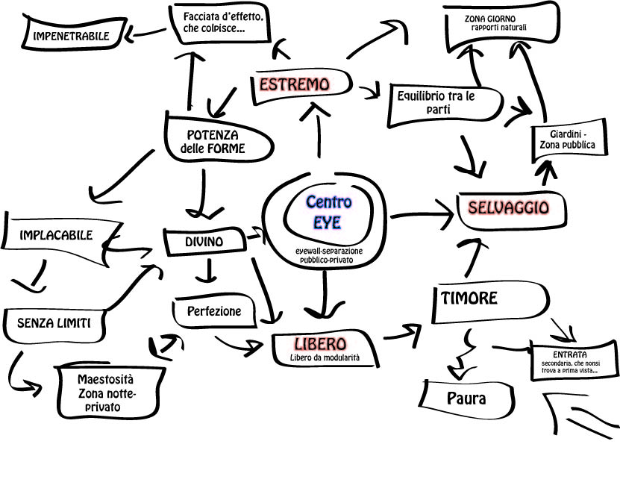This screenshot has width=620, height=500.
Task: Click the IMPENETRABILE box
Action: (70, 36)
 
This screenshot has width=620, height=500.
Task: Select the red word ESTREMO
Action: (294, 84)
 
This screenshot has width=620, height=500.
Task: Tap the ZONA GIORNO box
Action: (499, 24)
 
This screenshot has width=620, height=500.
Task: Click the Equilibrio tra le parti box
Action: (436, 103)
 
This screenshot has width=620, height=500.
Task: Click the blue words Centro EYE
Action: (328, 212)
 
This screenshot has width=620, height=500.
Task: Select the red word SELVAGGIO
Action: (509, 207)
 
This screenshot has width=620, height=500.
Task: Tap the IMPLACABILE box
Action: (57, 236)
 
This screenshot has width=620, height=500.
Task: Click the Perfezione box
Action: (215, 311)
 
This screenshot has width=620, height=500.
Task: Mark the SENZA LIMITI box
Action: (54, 323)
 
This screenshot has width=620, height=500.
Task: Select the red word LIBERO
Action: (320, 344)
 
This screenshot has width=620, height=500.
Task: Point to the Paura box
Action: (466, 399)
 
